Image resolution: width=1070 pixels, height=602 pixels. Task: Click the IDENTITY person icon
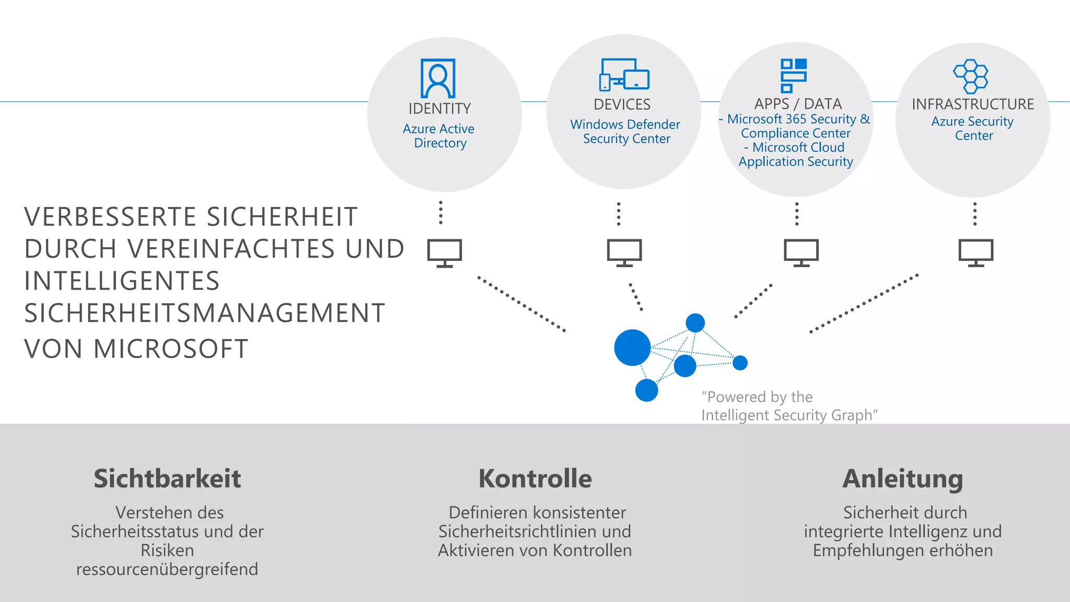click(x=438, y=78)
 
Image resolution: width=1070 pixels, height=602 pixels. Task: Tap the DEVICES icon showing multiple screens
click(x=624, y=75)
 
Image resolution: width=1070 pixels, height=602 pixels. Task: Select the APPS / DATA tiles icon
click(x=794, y=76)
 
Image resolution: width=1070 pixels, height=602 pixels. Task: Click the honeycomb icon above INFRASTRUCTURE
click(x=971, y=76)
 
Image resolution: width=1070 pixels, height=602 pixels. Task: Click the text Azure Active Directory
click(x=439, y=136)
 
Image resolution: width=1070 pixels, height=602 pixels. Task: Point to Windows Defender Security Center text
click(x=625, y=132)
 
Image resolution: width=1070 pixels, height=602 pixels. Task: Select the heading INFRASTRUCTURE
click(x=972, y=105)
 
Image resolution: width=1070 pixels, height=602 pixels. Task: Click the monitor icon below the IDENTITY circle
click(x=445, y=253)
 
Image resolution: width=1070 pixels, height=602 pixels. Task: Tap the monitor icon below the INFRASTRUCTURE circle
click(x=975, y=252)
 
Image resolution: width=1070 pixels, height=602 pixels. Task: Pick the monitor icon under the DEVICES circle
click(x=624, y=252)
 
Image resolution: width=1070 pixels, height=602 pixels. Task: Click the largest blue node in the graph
click(x=632, y=348)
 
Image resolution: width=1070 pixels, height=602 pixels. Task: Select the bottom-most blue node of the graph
click(x=646, y=390)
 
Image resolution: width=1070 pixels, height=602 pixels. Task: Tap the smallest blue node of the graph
click(x=740, y=363)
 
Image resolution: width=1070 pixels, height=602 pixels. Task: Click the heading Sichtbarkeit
click(x=167, y=479)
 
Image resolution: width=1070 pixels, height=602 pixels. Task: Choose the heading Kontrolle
click(x=535, y=479)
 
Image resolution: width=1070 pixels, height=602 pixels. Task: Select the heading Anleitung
click(x=902, y=479)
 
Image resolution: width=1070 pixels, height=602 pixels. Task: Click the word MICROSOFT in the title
click(x=170, y=349)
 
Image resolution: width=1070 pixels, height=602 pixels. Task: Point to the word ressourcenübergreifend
click(x=167, y=569)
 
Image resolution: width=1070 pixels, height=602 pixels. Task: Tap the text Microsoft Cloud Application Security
click(x=796, y=155)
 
